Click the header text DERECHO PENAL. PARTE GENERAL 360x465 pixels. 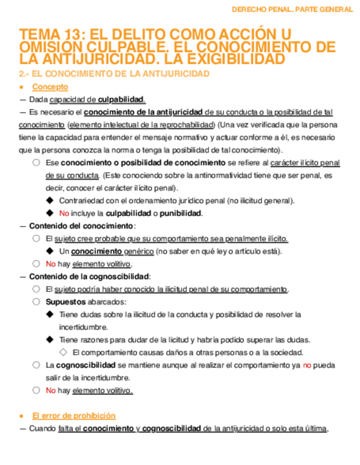pyautogui.click(x=292, y=9)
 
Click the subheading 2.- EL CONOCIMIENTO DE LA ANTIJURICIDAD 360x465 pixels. pyautogui.click(x=114, y=74)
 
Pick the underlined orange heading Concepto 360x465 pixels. pyautogui.click(x=50, y=87)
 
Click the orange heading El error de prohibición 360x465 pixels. pyautogui.click(x=74, y=416)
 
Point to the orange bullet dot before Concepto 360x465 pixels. pyautogui.click(x=21, y=88)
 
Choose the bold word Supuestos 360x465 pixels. pyautogui.click(x=65, y=302)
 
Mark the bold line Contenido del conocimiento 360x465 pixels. pyautogui.click(x=81, y=226)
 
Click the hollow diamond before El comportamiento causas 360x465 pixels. pyautogui.click(x=63, y=353)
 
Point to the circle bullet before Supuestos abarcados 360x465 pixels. pyautogui.click(x=36, y=302)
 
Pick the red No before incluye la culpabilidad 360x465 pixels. pyautogui.click(x=64, y=213)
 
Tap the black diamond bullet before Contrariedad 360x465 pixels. pyautogui.click(x=50, y=201)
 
